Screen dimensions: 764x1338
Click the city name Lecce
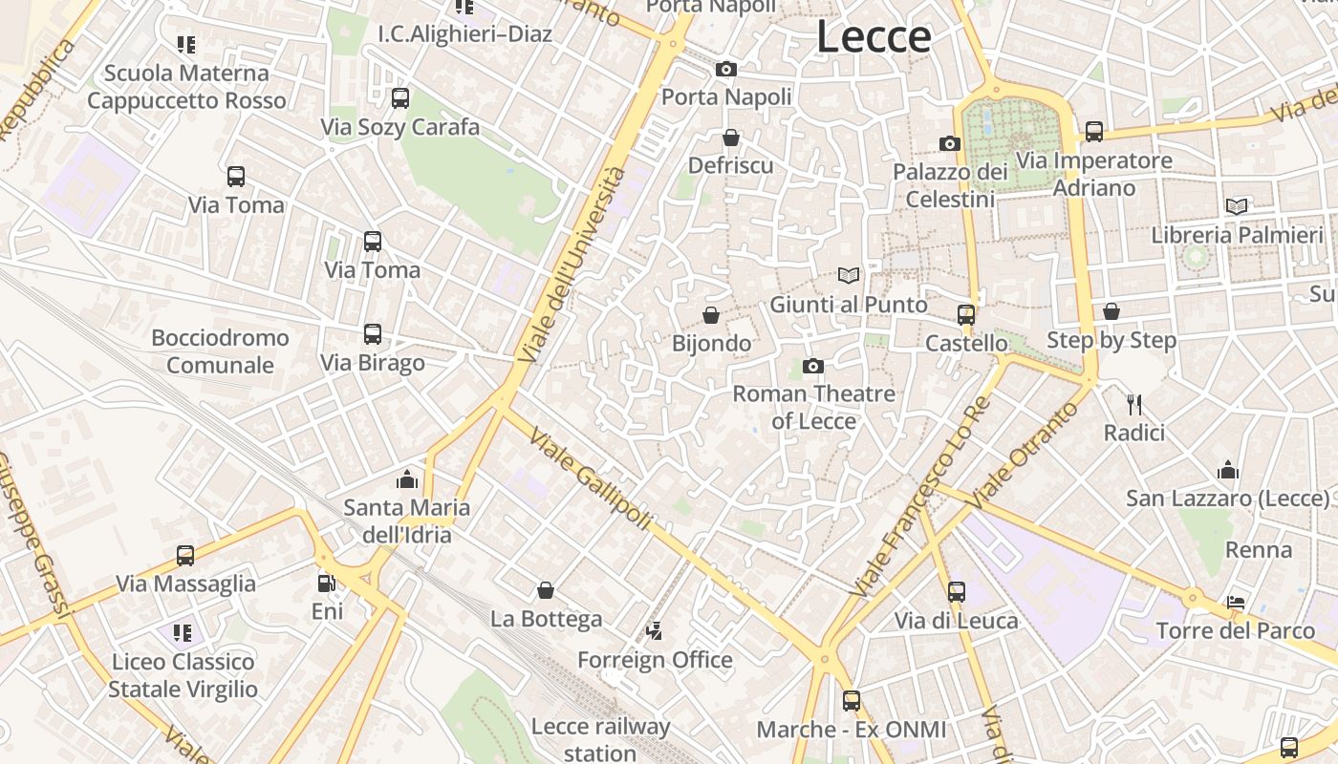click(873, 37)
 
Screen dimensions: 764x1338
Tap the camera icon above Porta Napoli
click(726, 69)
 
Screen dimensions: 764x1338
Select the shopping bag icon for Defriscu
click(731, 138)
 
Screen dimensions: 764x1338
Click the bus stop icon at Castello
click(966, 314)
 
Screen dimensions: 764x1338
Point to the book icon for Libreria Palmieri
click(1237, 206)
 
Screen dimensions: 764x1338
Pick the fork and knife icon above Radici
click(1134, 405)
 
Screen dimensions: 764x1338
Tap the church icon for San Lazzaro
click(1228, 470)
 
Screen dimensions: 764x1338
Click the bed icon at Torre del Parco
click(1236, 603)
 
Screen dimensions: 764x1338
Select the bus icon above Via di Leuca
click(957, 592)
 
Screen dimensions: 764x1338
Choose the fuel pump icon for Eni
click(327, 583)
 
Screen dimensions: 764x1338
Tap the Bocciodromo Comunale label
click(220, 351)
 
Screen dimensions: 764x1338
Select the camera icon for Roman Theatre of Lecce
click(813, 366)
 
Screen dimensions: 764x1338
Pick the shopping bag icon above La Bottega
click(546, 590)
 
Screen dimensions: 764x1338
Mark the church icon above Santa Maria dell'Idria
click(407, 479)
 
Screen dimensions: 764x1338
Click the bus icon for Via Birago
click(373, 334)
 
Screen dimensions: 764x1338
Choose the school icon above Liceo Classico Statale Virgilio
click(183, 632)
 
